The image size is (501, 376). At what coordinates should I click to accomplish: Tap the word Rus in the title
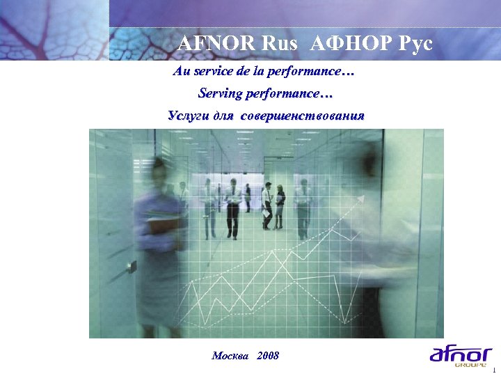pyautogui.click(x=279, y=43)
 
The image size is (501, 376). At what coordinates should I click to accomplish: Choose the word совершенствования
pyautogui.click(x=302, y=115)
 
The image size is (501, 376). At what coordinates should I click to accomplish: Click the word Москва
pyautogui.click(x=230, y=356)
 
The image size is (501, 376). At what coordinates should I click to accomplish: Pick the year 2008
pyautogui.click(x=268, y=356)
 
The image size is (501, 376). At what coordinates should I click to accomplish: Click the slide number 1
pyautogui.click(x=493, y=369)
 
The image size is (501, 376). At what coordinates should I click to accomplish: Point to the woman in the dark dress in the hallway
pyautogui.click(x=279, y=205)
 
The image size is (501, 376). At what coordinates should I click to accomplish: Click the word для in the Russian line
pyautogui.click(x=223, y=115)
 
